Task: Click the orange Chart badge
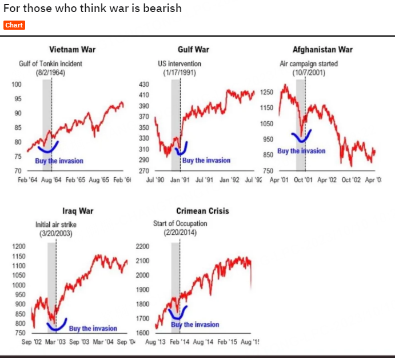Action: coord(14,25)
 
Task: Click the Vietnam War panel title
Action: coord(73,49)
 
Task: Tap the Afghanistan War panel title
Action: coord(322,49)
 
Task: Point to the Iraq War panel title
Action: coord(77,211)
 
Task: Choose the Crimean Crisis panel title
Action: coord(202,211)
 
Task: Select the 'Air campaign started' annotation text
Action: coord(309,63)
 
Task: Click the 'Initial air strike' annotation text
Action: coord(55,224)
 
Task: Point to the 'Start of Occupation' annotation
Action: coord(180,223)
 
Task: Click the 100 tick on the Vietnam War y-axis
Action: coord(16,85)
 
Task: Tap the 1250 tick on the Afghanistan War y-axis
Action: coord(267,92)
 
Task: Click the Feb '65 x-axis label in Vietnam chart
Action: coord(76,180)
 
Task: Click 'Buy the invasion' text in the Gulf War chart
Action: coord(207,160)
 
